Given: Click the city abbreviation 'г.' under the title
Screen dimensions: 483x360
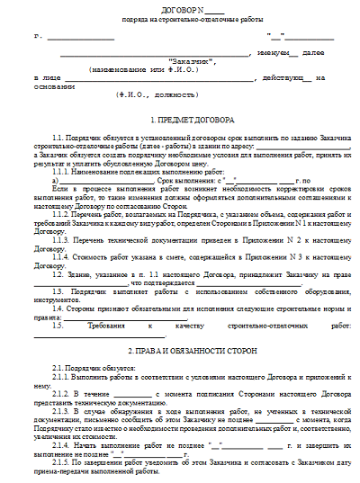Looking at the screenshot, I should click(55, 37).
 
